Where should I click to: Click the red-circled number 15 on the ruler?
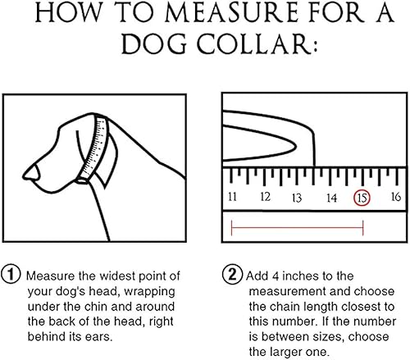click(362, 198)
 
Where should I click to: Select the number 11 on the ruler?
click(233, 198)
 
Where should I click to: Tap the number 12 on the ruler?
click(266, 198)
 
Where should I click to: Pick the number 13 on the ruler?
click(298, 198)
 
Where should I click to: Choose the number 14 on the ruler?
click(330, 198)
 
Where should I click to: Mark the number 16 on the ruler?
click(394, 198)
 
